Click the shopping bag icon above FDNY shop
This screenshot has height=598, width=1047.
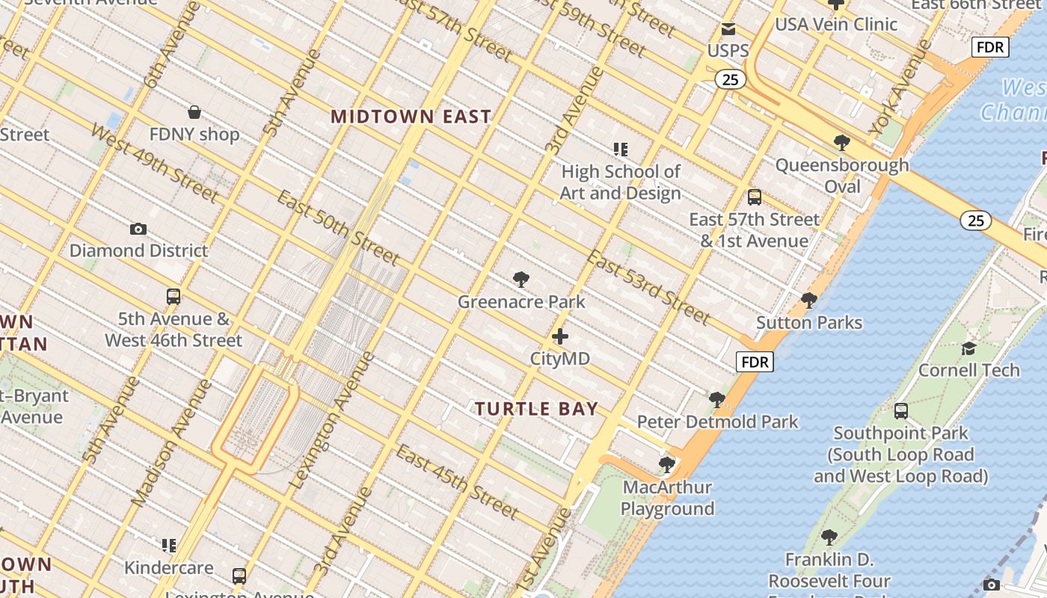194,113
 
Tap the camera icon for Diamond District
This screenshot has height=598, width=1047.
138,229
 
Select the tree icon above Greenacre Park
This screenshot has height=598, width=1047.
521,280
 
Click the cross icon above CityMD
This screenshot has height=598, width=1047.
559,336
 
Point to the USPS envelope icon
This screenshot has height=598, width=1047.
728,30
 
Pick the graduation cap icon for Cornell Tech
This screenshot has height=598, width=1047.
968,348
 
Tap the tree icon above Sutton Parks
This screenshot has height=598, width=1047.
808,300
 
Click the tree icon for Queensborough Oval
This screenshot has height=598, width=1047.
842,143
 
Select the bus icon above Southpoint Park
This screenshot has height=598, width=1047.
901,410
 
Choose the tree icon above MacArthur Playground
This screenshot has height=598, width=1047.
666,465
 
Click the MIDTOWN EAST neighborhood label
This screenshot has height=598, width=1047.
411,117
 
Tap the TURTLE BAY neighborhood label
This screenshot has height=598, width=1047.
537,409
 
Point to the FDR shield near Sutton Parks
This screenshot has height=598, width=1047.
755,363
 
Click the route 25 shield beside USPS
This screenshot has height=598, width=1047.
729,78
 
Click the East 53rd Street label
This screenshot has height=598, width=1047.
648,287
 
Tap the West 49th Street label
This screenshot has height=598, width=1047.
155,163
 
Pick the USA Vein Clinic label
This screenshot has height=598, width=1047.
835,25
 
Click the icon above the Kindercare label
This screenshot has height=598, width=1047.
169,546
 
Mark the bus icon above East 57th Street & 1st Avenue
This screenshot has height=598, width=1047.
755,197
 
